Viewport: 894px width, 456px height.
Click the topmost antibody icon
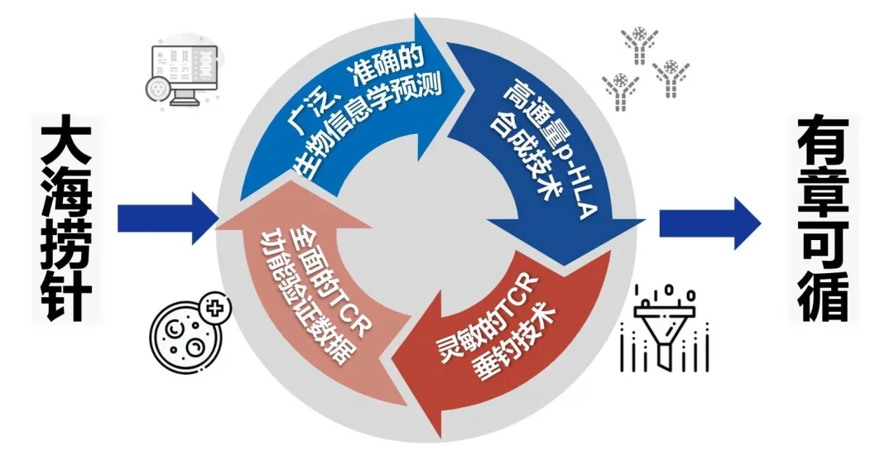click(x=640, y=46)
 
